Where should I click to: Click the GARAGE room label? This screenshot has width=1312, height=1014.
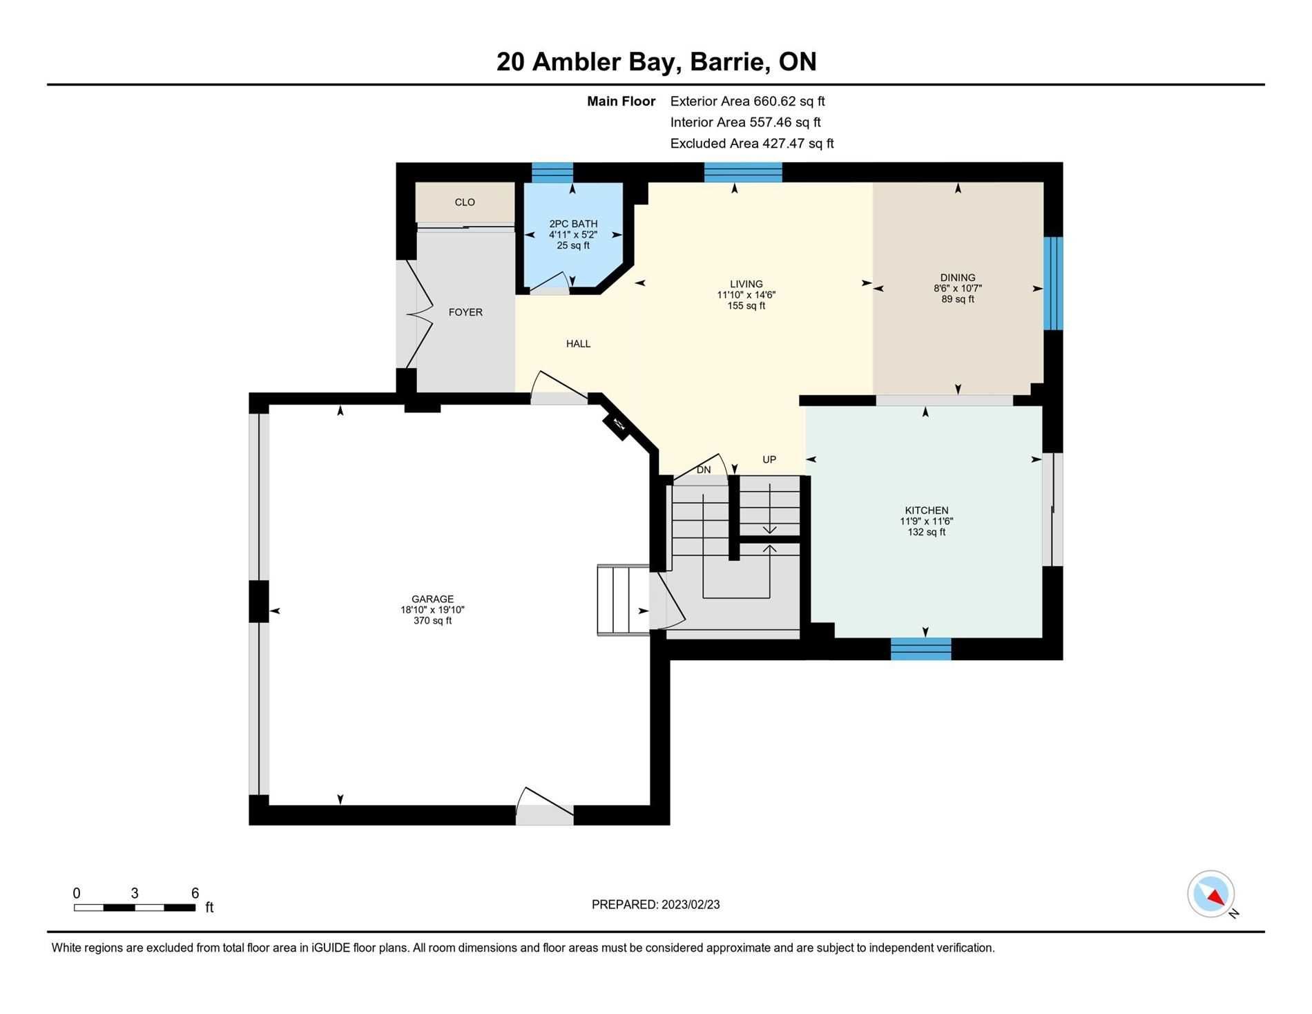pos(432,599)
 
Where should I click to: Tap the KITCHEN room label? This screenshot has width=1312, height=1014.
pos(926,510)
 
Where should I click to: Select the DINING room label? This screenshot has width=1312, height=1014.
pos(957,278)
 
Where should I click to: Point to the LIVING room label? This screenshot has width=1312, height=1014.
pos(746,284)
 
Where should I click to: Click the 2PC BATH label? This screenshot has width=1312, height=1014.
pos(573,224)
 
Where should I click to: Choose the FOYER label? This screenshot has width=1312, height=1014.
pos(465,312)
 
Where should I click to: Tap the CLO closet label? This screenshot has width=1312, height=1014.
pos(465,202)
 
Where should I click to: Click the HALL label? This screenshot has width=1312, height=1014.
pos(578,343)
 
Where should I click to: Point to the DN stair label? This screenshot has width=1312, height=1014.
pos(704,470)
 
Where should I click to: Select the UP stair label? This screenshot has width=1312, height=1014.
pos(769,459)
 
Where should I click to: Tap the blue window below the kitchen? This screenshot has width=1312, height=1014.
pos(920,649)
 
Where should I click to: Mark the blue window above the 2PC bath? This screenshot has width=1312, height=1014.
pos(552,172)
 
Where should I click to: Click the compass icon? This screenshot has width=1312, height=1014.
pos(1211,895)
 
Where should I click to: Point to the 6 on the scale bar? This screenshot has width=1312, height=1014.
pos(195,893)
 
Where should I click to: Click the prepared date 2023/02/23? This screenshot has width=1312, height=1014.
pos(691,904)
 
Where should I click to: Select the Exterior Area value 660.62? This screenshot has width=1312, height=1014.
pos(775,101)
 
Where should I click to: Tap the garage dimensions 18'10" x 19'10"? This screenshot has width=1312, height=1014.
pos(432,610)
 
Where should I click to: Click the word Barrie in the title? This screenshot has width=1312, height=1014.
pos(730,61)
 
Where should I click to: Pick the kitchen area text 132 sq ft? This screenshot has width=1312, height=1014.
pos(926,532)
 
